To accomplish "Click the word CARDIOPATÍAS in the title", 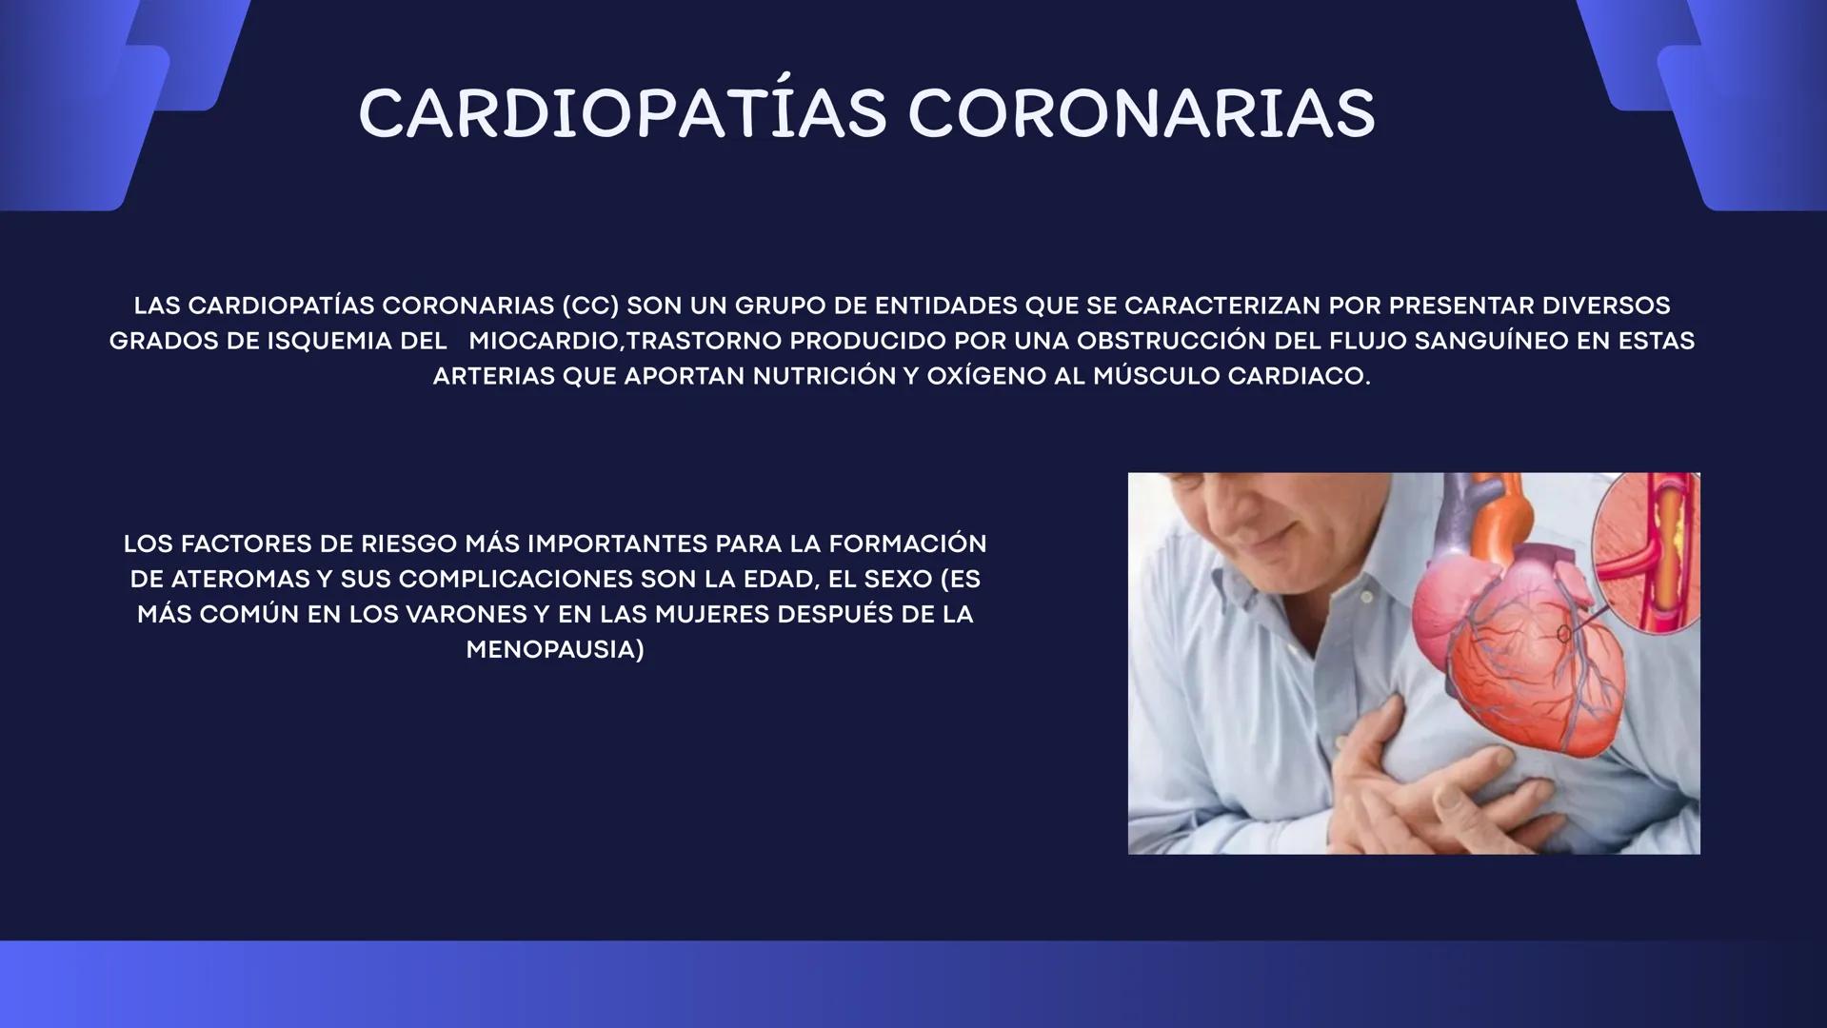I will tap(622, 113).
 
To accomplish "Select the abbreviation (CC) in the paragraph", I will tap(590, 306).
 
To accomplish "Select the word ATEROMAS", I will tap(239, 580).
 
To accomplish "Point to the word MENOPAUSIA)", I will tap(555, 650).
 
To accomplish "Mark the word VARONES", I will tap(466, 615).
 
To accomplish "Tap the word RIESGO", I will tap(409, 544).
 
